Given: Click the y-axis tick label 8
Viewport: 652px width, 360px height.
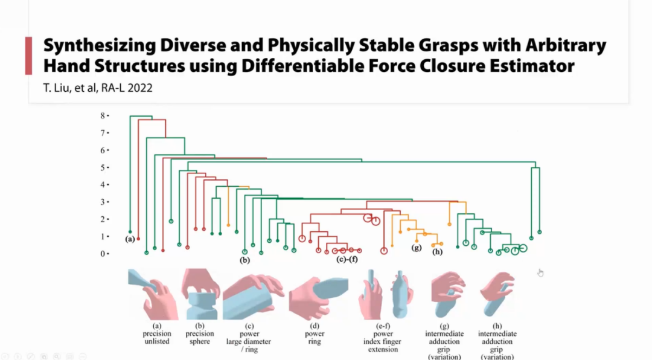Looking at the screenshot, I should click(103, 115).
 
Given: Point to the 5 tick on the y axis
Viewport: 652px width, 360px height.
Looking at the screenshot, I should click(103, 167).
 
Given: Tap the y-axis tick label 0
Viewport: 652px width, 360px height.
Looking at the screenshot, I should click(103, 254).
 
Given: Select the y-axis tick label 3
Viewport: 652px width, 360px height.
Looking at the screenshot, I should click(103, 202).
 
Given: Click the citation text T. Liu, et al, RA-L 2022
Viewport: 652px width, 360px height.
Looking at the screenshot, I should click(98, 88).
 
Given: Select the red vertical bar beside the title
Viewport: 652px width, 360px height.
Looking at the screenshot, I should click(28, 56).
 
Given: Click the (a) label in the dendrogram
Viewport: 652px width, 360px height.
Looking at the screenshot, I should click(130, 239).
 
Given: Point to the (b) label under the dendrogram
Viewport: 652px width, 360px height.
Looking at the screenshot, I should click(245, 261).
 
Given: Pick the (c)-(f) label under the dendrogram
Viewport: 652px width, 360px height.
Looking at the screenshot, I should click(347, 260).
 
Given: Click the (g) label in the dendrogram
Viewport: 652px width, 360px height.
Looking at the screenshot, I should click(416, 248).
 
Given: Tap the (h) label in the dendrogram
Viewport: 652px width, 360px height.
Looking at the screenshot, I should click(438, 252).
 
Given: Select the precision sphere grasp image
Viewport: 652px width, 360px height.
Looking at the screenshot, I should click(201, 294).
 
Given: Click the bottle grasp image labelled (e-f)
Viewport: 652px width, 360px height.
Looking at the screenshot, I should click(386, 294).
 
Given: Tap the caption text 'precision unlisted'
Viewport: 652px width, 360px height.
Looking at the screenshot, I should click(157, 338).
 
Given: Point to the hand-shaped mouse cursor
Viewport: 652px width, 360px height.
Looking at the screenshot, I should click(540, 272).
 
